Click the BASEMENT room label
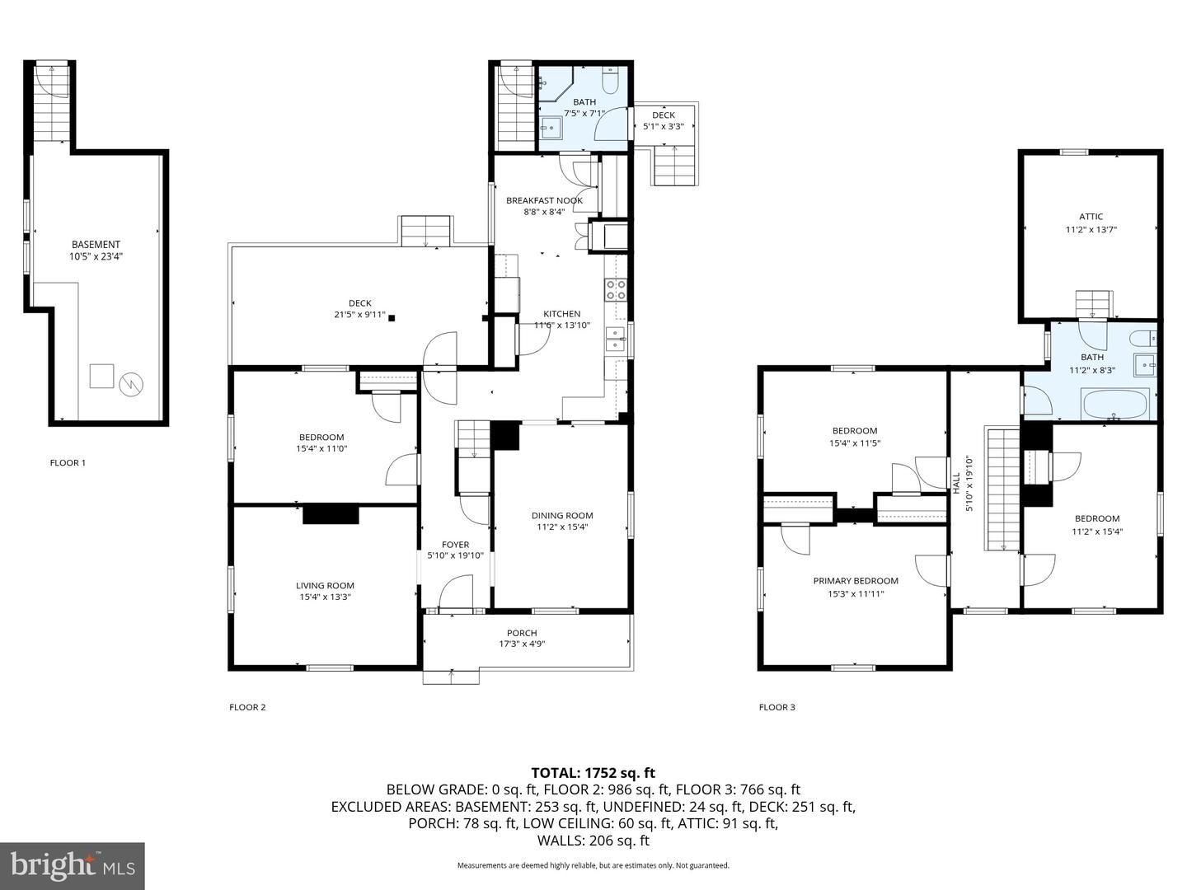click(x=96, y=245)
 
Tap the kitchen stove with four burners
click(x=616, y=289)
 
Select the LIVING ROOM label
click(x=325, y=585)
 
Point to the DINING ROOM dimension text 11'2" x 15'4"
click(x=562, y=527)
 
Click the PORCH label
click(x=522, y=633)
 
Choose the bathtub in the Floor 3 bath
click(x=1114, y=404)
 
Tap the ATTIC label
click(x=1091, y=217)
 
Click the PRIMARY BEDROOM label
click(x=856, y=581)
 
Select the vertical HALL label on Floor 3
click(x=956, y=483)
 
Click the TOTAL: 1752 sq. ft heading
click(x=593, y=773)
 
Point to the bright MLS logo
click(x=73, y=865)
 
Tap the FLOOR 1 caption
click(x=68, y=462)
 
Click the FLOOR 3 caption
click(x=777, y=707)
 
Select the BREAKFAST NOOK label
click(x=545, y=200)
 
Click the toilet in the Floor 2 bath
click(x=610, y=81)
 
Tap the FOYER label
click(x=455, y=545)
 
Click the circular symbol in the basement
click(x=131, y=384)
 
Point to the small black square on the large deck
click(x=392, y=318)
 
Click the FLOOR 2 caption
click(x=247, y=707)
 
